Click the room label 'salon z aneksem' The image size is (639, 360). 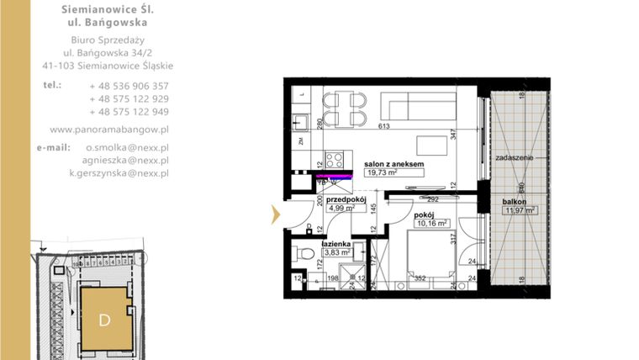(393, 164)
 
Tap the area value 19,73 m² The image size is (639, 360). (382, 173)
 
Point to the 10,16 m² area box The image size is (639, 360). (431, 225)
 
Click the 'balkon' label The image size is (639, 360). (515, 202)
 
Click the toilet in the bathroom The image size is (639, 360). (304, 251)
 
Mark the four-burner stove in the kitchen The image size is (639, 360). (334, 159)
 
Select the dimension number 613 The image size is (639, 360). (384, 126)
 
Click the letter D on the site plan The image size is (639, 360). (104, 320)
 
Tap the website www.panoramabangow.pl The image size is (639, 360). (109, 130)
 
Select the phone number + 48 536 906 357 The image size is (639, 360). (129, 86)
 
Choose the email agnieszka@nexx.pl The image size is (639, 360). (119, 160)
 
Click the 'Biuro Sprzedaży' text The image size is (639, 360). (108, 40)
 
